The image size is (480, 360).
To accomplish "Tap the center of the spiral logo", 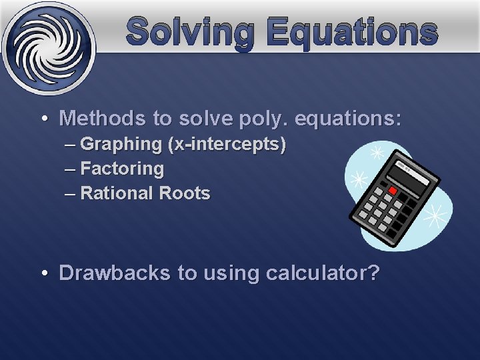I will pos(47,47).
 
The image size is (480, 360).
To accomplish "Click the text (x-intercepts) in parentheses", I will pos(227,144).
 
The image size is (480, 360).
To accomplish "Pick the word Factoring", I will pos(121,169).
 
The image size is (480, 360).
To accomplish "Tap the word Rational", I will pos(117,194).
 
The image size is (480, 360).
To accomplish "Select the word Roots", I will pos(185,194).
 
